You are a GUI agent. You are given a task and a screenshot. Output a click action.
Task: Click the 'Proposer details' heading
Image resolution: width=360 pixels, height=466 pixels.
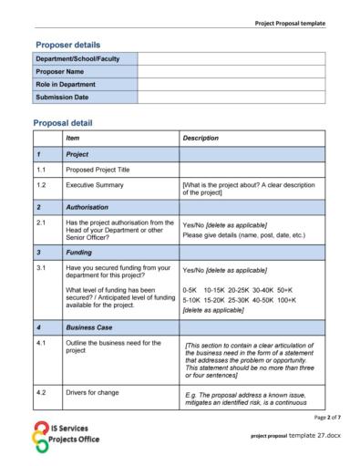click(67, 44)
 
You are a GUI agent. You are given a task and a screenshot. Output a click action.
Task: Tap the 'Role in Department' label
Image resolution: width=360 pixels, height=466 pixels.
click(67, 84)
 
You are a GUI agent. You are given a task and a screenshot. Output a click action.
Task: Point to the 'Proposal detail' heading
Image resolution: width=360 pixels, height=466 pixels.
click(65, 122)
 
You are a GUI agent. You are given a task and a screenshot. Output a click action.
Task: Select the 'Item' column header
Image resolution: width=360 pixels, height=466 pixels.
click(73, 138)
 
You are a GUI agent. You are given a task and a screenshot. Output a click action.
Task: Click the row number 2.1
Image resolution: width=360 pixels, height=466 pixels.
click(42, 221)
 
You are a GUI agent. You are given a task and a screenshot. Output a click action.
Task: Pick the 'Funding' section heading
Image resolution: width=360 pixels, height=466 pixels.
click(79, 252)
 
